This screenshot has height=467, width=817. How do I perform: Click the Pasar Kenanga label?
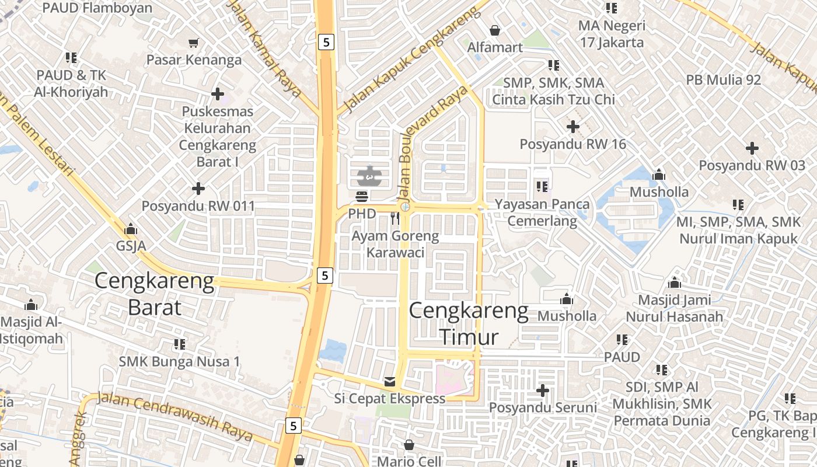pos(194,60)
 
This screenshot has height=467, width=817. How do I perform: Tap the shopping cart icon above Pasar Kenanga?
pos(194,43)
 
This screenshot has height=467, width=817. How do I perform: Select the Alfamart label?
pos(495,47)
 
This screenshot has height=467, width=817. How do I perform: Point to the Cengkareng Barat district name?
pos(155,294)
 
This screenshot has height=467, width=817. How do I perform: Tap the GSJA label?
pos(131,246)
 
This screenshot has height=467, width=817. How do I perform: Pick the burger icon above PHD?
pos(362,196)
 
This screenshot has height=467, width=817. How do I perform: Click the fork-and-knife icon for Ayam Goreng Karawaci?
pos(395,218)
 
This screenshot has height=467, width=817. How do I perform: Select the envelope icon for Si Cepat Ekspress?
pos(389,382)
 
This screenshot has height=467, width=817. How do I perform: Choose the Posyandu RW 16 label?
pos(572,144)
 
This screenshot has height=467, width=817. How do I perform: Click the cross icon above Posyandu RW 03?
pos(752,148)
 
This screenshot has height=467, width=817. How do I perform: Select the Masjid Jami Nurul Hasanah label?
pos(674,308)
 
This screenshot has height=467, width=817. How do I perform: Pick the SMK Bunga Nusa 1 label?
pos(179,361)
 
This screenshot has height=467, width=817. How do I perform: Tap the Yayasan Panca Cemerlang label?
pos(542,212)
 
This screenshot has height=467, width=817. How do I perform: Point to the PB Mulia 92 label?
pos(724,80)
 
